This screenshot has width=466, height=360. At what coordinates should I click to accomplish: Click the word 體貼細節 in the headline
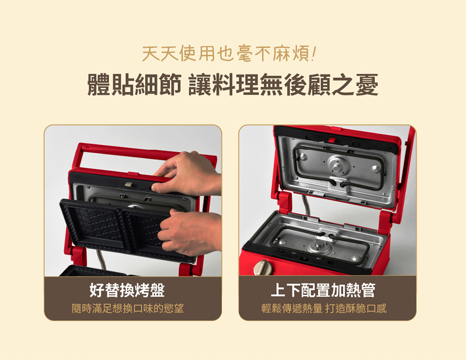(x=134, y=85)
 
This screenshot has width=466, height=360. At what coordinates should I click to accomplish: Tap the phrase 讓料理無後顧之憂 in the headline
(x=283, y=85)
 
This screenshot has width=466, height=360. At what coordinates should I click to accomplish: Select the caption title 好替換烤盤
(x=127, y=290)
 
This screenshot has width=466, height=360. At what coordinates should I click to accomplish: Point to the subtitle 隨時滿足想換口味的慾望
(x=128, y=308)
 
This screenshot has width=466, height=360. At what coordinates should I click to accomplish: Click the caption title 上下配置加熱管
(x=323, y=290)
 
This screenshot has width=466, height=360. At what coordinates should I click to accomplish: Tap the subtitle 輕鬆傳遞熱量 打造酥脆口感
(x=324, y=308)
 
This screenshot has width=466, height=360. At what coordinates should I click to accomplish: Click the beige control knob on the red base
(x=261, y=267)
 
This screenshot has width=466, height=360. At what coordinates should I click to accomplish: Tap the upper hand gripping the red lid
(x=187, y=173)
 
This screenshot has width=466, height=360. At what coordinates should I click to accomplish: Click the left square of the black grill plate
(x=95, y=226)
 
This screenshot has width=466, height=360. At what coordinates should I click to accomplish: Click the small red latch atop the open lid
(x=332, y=140)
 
